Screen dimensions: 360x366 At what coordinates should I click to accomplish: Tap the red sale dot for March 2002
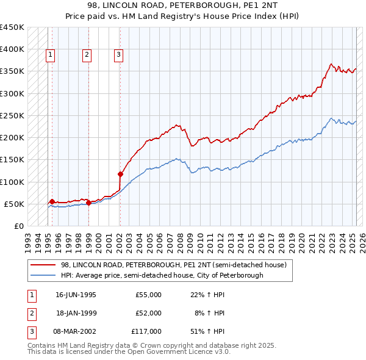[120, 174]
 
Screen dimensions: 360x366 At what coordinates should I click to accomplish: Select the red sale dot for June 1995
[52, 201]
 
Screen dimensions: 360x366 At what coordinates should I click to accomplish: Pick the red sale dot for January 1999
[88, 203]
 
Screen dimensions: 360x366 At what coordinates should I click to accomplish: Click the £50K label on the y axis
[15, 204]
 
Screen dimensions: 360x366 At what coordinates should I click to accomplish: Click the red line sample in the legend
[44, 265]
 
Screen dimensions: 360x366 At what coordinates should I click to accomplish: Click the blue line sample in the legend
[44, 275]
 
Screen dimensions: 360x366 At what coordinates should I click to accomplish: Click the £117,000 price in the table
[146, 331]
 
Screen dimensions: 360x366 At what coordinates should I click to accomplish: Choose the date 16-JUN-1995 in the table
[76, 295]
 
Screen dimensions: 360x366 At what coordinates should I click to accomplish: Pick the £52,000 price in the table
[148, 313]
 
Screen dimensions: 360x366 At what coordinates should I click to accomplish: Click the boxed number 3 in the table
[30, 331]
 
